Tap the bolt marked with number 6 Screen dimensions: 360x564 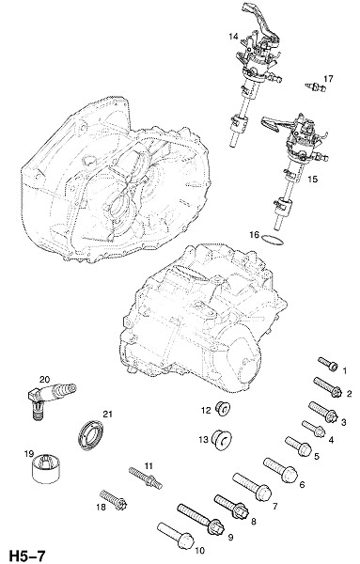click(280, 470)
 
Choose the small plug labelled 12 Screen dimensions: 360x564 click(222, 409)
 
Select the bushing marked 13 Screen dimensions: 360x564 click(221, 439)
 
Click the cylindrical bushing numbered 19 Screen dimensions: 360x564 click(46, 467)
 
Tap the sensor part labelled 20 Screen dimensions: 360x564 click(51, 396)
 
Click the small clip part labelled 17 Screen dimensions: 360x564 click(316, 86)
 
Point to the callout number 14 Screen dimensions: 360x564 click(233, 37)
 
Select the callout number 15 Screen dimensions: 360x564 click(312, 179)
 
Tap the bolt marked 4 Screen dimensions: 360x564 click(314, 429)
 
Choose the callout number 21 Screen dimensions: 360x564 click(107, 414)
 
